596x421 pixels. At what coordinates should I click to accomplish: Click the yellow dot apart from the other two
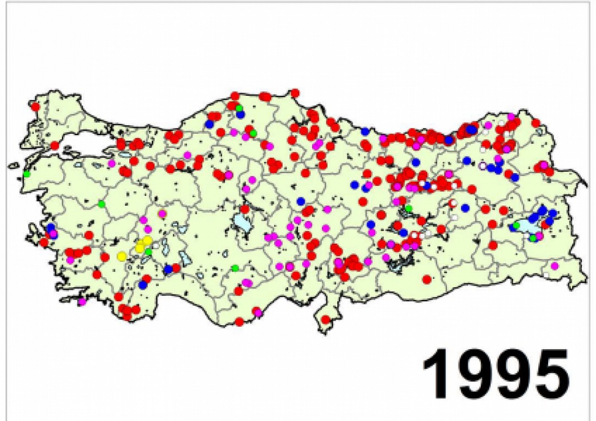122,256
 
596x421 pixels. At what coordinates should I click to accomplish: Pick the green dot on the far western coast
27,174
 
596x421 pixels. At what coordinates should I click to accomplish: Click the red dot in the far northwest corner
35,106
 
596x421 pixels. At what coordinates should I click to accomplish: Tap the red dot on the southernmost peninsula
326,320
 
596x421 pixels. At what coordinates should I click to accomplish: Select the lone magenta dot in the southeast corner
555,266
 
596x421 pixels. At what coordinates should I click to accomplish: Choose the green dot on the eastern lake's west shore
517,225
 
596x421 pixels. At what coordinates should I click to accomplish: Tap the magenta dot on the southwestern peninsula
82,301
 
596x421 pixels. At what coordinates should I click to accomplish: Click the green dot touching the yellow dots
148,252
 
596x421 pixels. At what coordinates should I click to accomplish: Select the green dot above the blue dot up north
239,108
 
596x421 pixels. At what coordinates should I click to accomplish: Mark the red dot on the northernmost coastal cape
294,94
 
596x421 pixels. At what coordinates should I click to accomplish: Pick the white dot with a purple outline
482,165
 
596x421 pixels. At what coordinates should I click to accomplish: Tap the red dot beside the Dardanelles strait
55,145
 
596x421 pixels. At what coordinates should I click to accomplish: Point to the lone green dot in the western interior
102,204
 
